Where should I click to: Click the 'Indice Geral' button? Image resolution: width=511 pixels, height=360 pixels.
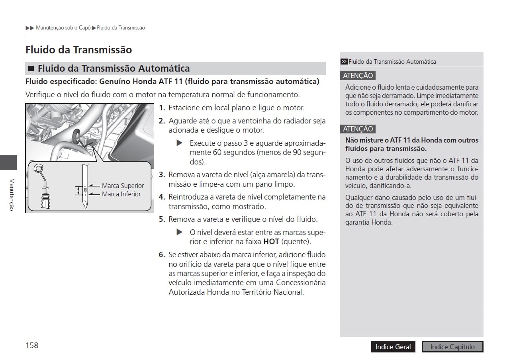tap(393, 347)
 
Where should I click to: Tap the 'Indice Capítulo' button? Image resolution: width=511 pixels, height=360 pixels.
tap(452, 347)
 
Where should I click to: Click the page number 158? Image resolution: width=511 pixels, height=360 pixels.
tap(32, 345)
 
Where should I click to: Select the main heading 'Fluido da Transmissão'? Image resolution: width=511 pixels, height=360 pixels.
tap(78, 50)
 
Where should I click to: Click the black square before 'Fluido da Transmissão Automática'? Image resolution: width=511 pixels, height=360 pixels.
tap(31, 69)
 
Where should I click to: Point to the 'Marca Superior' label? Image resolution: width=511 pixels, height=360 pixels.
tap(123, 186)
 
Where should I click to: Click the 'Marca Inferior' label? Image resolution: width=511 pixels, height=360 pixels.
tap(121, 194)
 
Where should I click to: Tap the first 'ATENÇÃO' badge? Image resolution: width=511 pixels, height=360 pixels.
tap(358, 76)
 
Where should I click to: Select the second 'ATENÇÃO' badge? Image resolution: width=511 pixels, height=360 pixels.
tap(358, 129)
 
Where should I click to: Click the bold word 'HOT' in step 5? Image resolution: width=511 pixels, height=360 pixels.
tap(271, 242)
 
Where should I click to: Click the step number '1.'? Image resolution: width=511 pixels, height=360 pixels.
tap(162, 108)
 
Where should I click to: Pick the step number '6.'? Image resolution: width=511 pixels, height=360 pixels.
tap(162, 255)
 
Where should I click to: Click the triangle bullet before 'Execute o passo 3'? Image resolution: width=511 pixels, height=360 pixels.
tap(179, 143)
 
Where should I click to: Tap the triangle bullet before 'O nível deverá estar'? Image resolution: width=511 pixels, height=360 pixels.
tap(179, 232)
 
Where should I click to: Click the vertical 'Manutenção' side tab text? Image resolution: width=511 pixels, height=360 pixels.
tap(12, 194)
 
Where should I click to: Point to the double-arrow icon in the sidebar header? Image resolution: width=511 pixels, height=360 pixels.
tap(344, 62)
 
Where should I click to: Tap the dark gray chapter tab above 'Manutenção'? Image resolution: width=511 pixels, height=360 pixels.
tap(8, 162)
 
